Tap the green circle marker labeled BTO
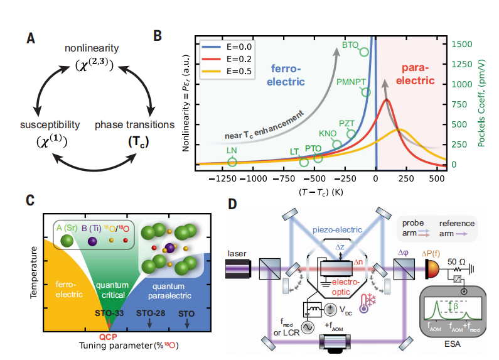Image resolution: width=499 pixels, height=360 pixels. point(363,52)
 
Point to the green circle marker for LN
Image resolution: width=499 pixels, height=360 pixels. point(232,162)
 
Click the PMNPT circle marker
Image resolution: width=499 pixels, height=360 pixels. point(367,92)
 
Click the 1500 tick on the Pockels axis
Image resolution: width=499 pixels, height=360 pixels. point(461,44)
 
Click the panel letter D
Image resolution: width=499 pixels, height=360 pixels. point(232,204)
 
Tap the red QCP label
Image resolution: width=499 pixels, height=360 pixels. point(110,335)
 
